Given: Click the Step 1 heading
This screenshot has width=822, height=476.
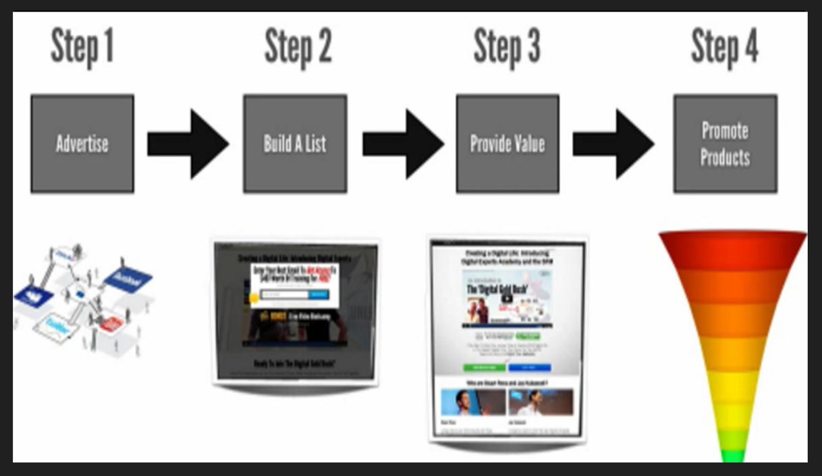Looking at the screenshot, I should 82,47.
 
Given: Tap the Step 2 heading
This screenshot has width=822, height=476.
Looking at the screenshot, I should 298,47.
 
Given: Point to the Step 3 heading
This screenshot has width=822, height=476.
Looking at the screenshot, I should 507,47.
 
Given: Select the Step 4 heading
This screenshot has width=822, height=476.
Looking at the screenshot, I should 724,47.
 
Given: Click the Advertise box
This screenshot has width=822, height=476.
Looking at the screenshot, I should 82,144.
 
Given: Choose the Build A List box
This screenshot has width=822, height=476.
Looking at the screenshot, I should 295,144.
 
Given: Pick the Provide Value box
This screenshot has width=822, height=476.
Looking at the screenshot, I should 508,144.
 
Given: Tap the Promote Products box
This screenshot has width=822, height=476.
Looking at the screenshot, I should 725,144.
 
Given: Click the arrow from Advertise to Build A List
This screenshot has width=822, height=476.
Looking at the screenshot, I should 188,144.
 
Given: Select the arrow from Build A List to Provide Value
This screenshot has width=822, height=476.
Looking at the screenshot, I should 402,144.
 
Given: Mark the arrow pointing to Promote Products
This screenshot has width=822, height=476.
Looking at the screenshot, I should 613,144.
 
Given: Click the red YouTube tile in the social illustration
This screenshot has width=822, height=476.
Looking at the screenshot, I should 110,323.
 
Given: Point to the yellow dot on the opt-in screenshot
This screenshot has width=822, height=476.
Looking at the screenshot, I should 254,297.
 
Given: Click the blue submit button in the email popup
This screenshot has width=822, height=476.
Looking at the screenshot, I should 317,295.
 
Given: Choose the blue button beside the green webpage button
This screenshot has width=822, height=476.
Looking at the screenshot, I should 529,367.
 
